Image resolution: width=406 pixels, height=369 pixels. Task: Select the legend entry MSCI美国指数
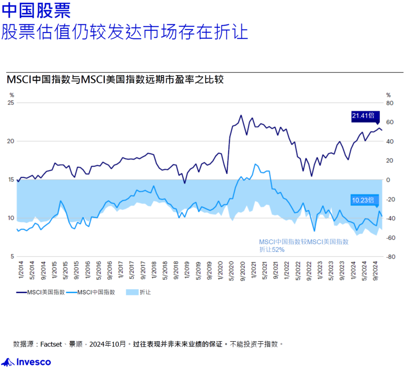(41, 292)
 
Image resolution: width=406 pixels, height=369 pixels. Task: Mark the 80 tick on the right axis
(389, 103)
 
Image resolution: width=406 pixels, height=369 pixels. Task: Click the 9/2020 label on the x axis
(242, 270)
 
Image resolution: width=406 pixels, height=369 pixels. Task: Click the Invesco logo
(26, 362)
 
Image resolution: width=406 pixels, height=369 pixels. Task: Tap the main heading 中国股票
(36, 11)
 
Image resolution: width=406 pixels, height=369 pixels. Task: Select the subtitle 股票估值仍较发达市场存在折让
(124, 32)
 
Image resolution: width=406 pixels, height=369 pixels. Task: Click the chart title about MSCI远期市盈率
(115, 80)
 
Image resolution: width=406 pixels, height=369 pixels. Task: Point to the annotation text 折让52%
(271, 249)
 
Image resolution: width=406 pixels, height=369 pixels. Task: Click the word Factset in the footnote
(51, 344)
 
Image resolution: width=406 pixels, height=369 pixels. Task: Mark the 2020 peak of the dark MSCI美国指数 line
(241, 115)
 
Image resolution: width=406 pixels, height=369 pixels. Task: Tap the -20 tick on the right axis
(391, 199)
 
